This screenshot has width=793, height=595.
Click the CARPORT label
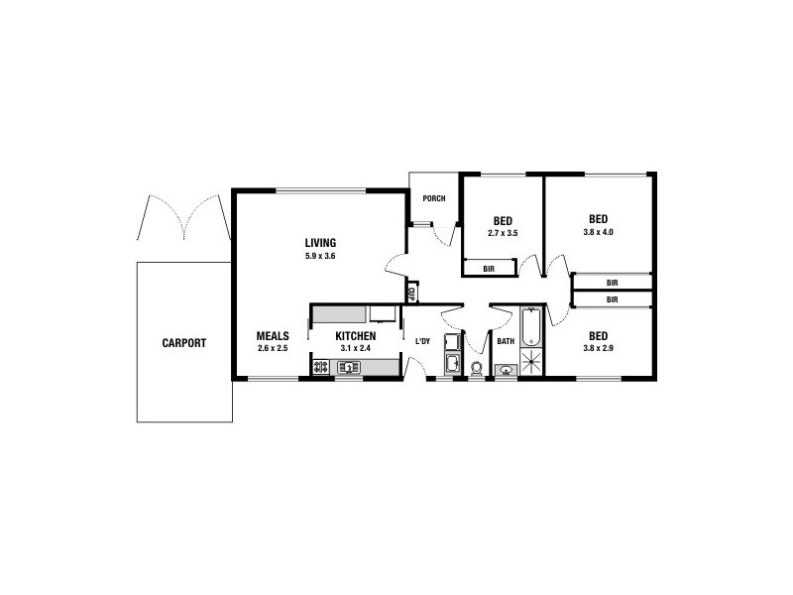coord(184,343)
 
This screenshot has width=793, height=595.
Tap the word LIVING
coord(320,243)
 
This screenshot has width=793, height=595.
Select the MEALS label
coord(273,336)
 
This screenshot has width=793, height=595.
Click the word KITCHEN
coord(355,336)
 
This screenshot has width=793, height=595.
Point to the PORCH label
coord(434,198)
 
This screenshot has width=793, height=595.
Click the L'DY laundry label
coord(422,342)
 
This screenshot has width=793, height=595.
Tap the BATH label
coord(506,342)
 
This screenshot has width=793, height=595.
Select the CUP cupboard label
coord(410,292)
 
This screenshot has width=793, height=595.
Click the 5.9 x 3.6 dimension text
coord(320,256)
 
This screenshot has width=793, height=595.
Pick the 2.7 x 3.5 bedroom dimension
coord(503,233)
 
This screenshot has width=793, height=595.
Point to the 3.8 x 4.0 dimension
coord(598,233)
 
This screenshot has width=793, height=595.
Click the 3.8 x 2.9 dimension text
coord(598,348)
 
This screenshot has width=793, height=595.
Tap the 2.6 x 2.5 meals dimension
coord(273,348)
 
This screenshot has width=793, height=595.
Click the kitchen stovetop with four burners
coord(321,368)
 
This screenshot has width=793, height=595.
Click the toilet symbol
coord(477,369)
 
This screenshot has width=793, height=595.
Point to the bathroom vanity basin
coord(507,371)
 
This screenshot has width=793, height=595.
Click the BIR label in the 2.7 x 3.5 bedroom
coord(490,268)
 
